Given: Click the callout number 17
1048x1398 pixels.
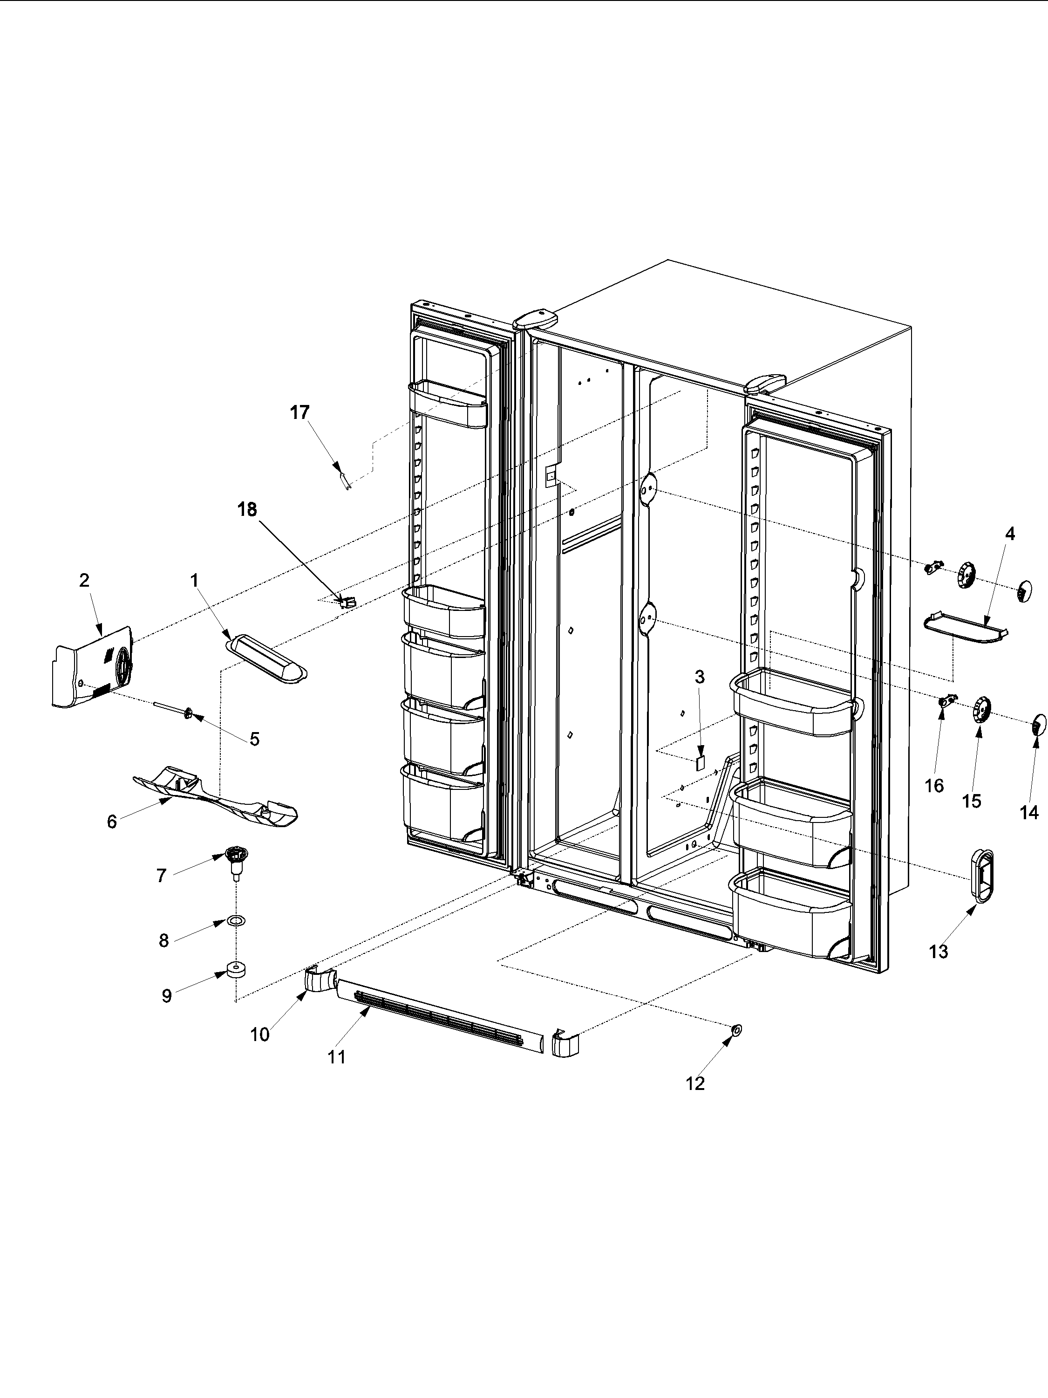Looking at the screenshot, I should click(x=299, y=413).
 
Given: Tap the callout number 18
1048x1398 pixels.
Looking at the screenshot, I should click(x=247, y=509).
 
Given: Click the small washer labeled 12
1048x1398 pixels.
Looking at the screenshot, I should click(x=736, y=1030).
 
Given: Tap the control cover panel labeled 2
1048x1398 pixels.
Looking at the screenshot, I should click(x=92, y=669).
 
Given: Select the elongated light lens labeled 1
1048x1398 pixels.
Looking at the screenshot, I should click(x=266, y=660).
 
